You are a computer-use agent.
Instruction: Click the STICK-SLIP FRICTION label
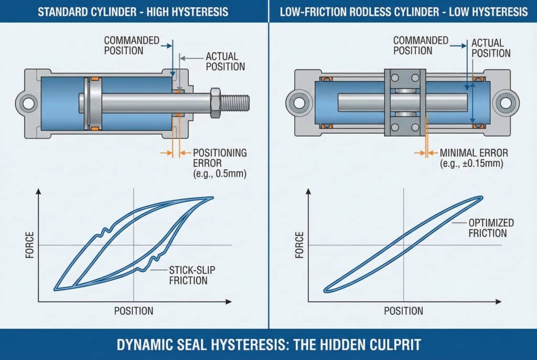[x=188, y=275]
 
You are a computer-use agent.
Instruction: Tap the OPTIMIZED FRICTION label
[x=491, y=228]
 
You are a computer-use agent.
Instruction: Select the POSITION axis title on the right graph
[x=403, y=310]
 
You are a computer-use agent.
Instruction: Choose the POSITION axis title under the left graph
[x=134, y=310]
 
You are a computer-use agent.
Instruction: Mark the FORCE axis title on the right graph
[x=300, y=245]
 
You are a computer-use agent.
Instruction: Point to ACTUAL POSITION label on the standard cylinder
[x=225, y=61]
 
